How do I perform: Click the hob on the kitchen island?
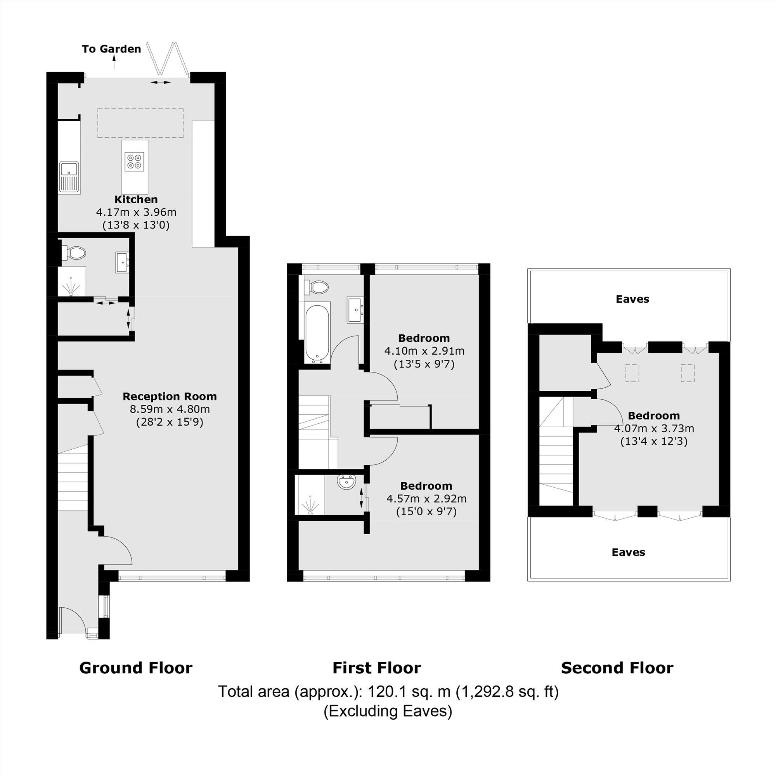135,161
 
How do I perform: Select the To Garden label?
111,49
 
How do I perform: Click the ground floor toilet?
75,253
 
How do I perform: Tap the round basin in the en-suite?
346,482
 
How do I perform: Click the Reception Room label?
170,397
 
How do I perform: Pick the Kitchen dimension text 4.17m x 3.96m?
136,212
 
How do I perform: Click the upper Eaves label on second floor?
632,299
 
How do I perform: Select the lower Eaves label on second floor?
628,552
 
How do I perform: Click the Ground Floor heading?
136,668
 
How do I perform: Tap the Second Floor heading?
617,668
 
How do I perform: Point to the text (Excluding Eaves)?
388,711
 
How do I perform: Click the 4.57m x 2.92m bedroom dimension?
426,499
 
